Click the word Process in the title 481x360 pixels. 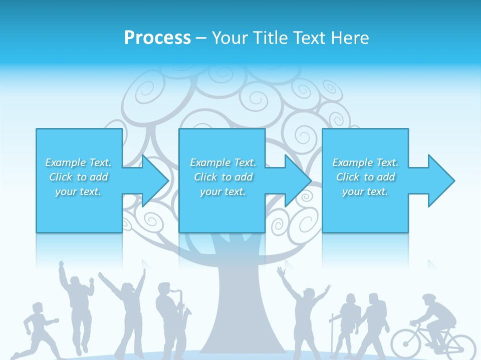click(x=157, y=38)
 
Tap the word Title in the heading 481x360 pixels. click(x=271, y=38)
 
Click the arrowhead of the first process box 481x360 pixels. click(x=155, y=180)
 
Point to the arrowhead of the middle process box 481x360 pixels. click(x=298, y=180)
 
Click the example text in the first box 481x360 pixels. click(x=78, y=177)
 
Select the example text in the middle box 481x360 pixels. click(x=222, y=177)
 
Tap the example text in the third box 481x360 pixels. click(x=365, y=177)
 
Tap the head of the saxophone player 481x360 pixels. click(x=164, y=289)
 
